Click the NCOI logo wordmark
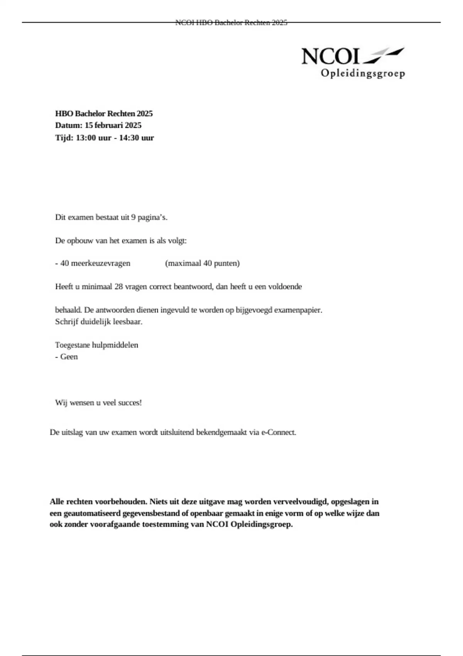click(330, 56)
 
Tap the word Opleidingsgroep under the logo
click(363, 73)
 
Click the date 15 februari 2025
click(113, 125)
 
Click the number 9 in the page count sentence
click(133, 217)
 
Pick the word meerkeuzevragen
click(100, 264)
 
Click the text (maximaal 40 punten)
click(202, 264)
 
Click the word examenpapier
click(297, 310)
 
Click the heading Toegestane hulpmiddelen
click(96, 345)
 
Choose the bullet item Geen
click(69, 357)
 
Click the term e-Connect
click(279, 433)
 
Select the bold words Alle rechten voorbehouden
click(98, 502)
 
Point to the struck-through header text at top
click(231, 23)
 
